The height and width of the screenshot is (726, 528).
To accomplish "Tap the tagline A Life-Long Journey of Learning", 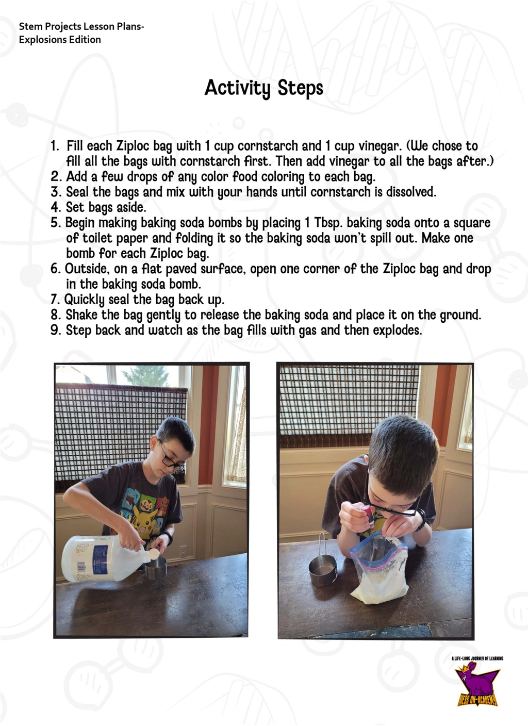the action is tap(477, 658).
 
